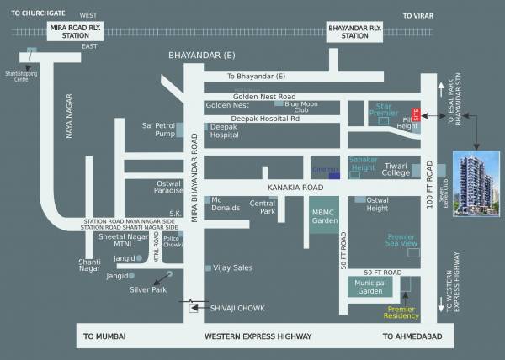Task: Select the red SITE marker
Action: [414, 114]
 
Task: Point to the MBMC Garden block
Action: [325, 216]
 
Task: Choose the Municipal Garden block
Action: [369, 287]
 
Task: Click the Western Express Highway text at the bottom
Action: [258, 336]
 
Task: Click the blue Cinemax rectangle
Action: [334, 175]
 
